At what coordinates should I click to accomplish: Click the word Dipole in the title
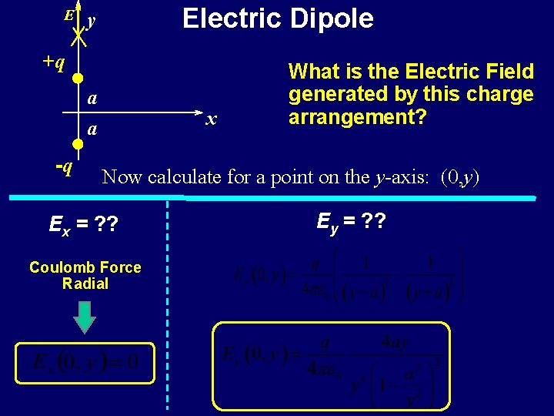[329, 18]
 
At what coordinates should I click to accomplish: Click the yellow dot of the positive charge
[78, 78]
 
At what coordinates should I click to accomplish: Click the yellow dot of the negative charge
[78, 144]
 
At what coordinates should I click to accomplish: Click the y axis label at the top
[92, 21]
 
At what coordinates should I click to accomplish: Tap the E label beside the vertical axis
[68, 15]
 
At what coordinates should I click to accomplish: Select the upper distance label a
[92, 99]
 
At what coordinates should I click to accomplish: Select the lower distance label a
[92, 130]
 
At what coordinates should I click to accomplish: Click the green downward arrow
[85, 318]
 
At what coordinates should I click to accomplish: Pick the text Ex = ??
[83, 225]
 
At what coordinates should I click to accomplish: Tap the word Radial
[85, 283]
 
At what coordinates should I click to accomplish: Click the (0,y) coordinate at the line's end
[460, 177]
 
